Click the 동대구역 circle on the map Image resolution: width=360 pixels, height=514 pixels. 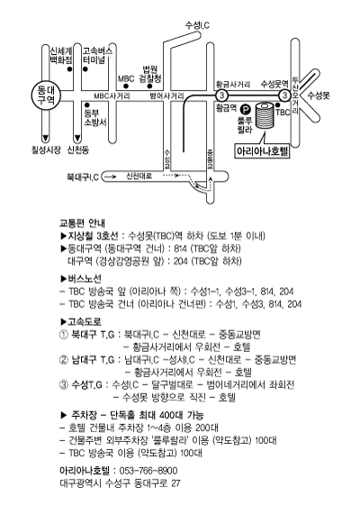[46, 95]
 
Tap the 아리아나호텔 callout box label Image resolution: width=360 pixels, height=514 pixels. [263, 151]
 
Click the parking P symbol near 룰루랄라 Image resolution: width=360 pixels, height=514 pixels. [244, 108]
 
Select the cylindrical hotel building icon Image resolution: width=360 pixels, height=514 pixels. [265, 116]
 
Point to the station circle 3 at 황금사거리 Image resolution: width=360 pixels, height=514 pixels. [222, 95]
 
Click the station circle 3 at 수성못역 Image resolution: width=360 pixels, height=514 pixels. [285, 95]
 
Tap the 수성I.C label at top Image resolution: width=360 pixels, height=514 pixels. [197, 25]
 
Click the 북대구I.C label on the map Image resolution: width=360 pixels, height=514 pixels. [83, 177]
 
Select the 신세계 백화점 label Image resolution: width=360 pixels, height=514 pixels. [61, 56]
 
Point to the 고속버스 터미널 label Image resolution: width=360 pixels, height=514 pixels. [97, 56]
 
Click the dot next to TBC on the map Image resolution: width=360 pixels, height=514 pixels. [278, 105]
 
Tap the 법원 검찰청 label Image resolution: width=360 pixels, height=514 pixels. [150, 74]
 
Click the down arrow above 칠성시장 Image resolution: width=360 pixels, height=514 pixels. [46, 138]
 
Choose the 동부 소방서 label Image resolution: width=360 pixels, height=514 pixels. [95, 118]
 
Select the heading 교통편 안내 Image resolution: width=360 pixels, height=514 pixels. [82, 223]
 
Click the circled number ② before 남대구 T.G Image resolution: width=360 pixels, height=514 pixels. [63, 360]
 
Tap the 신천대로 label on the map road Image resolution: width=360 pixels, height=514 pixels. [139, 176]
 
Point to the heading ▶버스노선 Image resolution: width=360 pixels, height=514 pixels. [81, 279]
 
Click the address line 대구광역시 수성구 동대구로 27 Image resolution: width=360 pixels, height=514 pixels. [120, 483]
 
